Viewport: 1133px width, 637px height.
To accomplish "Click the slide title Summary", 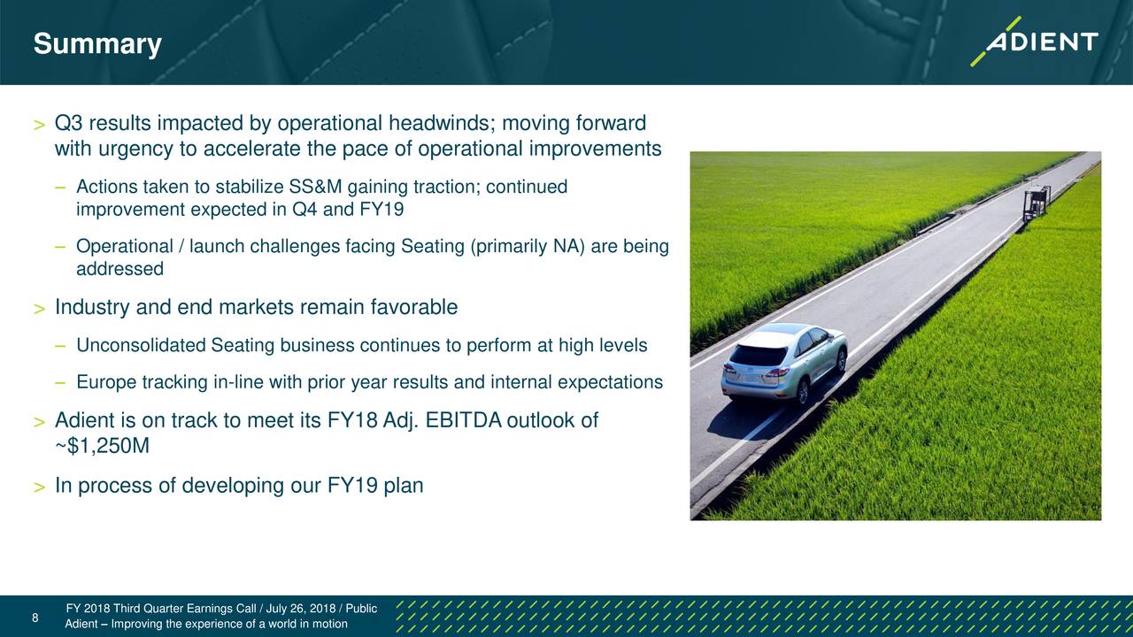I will pos(97,44).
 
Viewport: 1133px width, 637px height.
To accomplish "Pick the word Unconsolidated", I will pos(141,345).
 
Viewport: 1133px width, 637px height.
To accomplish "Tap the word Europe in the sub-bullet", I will pos(106,382).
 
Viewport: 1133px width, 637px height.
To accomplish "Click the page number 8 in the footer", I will pos(35,618).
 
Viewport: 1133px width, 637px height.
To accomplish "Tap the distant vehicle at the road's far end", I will pos(1037,203).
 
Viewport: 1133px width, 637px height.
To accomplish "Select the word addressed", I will pos(119,268).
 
